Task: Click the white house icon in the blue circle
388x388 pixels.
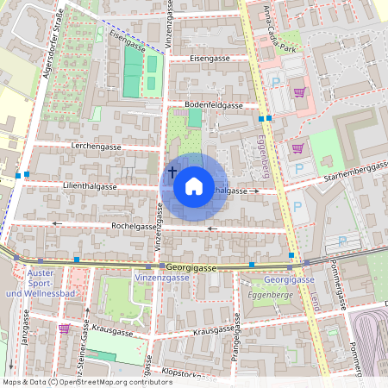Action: (x=194, y=185)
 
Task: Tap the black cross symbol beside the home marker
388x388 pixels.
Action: (x=172, y=172)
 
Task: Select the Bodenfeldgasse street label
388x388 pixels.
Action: (x=214, y=104)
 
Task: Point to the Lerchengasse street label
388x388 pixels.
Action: (x=97, y=147)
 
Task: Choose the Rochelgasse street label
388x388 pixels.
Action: (x=133, y=226)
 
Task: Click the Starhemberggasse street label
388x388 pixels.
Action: (x=354, y=170)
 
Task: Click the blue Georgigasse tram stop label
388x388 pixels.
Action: (x=289, y=280)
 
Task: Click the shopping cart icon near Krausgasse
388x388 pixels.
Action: (x=64, y=329)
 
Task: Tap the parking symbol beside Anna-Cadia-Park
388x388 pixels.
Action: (x=276, y=83)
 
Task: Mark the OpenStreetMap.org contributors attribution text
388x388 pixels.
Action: (x=112, y=381)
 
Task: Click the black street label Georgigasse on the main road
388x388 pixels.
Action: (x=191, y=268)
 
